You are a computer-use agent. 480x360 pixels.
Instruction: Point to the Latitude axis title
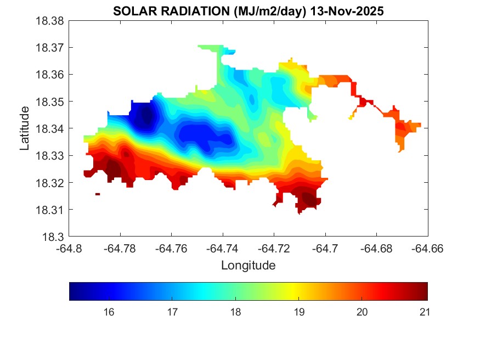pyautogui.click(x=24, y=128)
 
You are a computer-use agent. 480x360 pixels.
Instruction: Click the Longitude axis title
pyautogui.click(x=248, y=266)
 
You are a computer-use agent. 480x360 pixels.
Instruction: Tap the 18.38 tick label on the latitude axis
pyautogui.click(x=50, y=21)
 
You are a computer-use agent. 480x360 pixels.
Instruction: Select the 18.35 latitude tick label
pyautogui.click(x=50, y=102)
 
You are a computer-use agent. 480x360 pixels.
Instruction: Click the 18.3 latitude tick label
pyautogui.click(x=55, y=237)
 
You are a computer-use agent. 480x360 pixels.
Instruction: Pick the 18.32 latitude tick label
pyautogui.click(x=50, y=183)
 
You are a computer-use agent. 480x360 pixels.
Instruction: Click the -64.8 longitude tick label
pyautogui.click(x=70, y=249)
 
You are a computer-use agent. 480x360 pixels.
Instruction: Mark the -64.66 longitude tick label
pyautogui.click(x=427, y=249)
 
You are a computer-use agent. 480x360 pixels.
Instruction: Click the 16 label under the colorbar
pyautogui.click(x=109, y=312)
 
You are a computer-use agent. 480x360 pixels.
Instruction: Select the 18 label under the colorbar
pyautogui.click(x=236, y=312)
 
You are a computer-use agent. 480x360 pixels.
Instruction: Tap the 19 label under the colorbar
pyautogui.click(x=300, y=312)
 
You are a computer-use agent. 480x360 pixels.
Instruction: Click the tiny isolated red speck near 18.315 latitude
pyautogui.click(x=98, y=194)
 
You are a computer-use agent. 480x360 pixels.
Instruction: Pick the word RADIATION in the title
pyautogui.click(x=187, y=11)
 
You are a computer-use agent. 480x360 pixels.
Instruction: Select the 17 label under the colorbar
pyautogui.click(x=172, y=312)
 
